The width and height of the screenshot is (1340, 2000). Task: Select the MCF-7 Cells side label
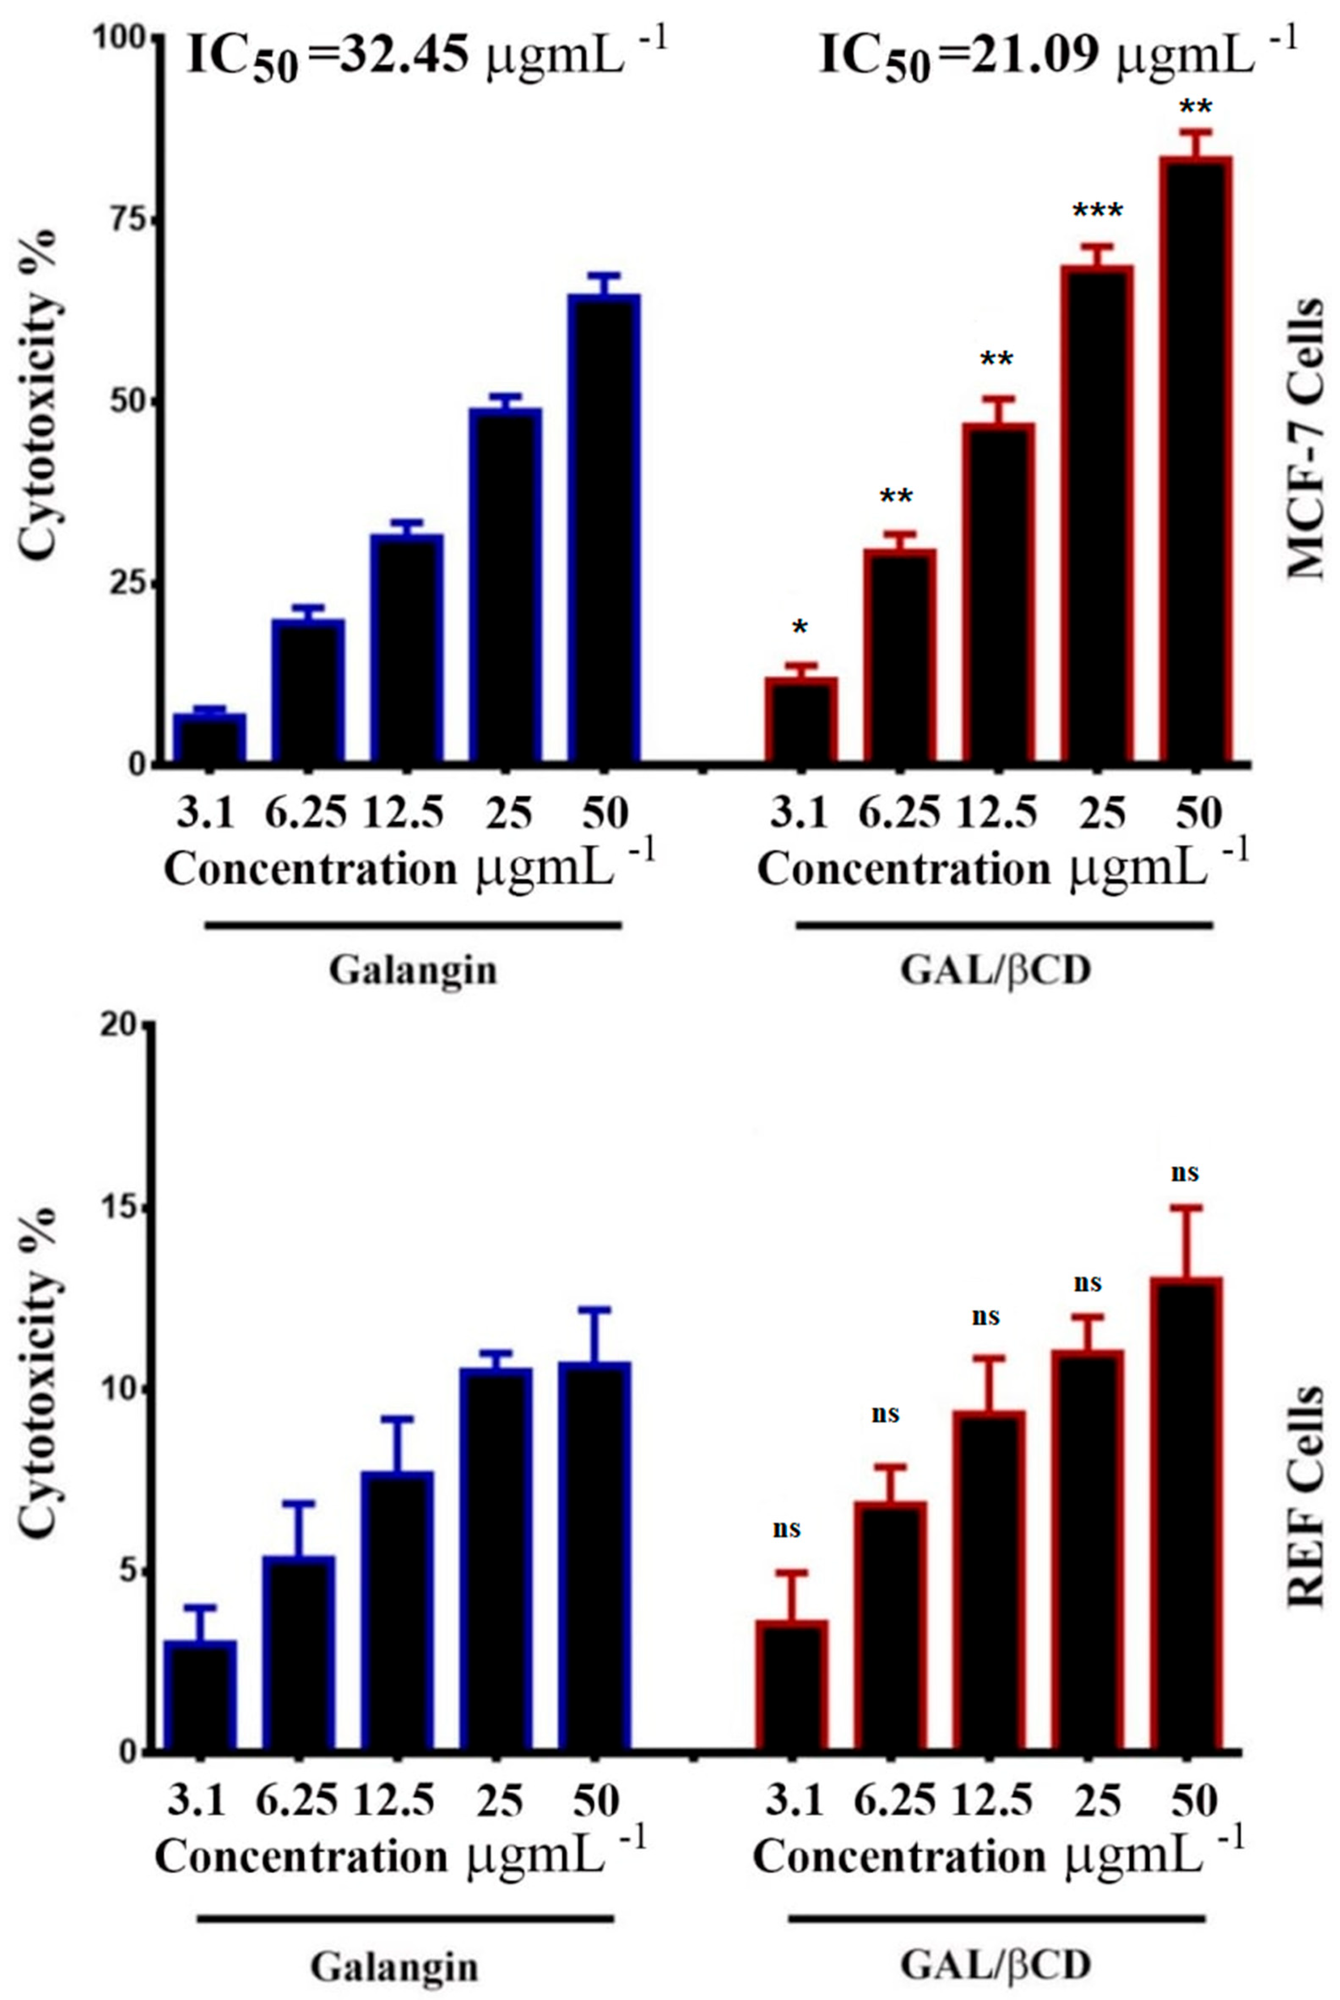[x=1305, y=440]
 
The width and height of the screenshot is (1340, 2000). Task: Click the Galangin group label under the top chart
[x=413, y=971]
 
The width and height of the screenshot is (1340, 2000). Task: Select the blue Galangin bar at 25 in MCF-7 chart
[x=505, y=586]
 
